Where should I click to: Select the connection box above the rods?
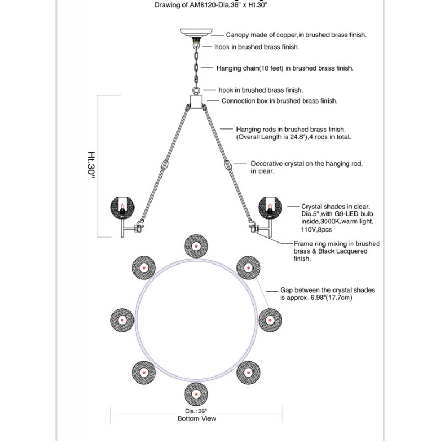point(195,101)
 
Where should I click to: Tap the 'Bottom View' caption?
point(196,418)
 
